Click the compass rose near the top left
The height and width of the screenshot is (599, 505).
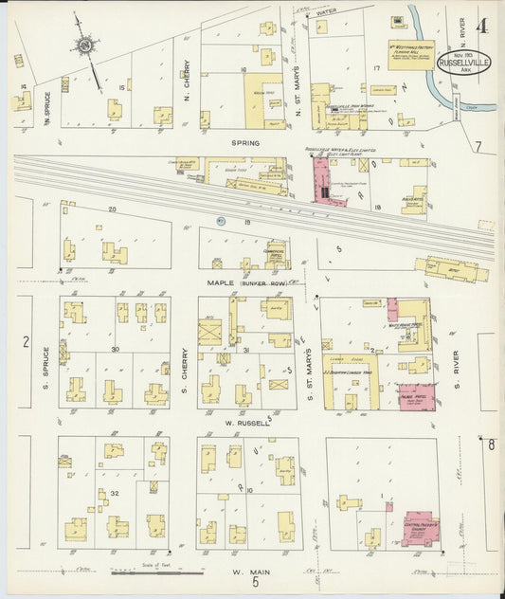click(x=85, y=44)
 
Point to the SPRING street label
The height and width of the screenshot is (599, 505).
click(x=244, y=144)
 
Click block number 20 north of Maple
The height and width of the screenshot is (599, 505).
click(x=111, y=209)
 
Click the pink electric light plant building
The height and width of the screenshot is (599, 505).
click(x=319, y=179)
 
